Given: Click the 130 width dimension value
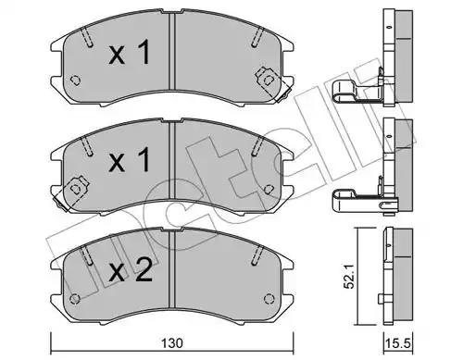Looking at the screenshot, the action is pos(171,342).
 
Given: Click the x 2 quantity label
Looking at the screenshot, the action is pos(131,270).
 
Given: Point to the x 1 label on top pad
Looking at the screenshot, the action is pos(130,53).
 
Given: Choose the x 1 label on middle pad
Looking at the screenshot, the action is pos(130,159).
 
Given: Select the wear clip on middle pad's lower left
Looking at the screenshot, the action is pos(70,192).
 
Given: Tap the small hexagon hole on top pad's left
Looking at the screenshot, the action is pos(75,81).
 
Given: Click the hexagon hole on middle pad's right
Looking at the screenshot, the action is pos(269,189).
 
